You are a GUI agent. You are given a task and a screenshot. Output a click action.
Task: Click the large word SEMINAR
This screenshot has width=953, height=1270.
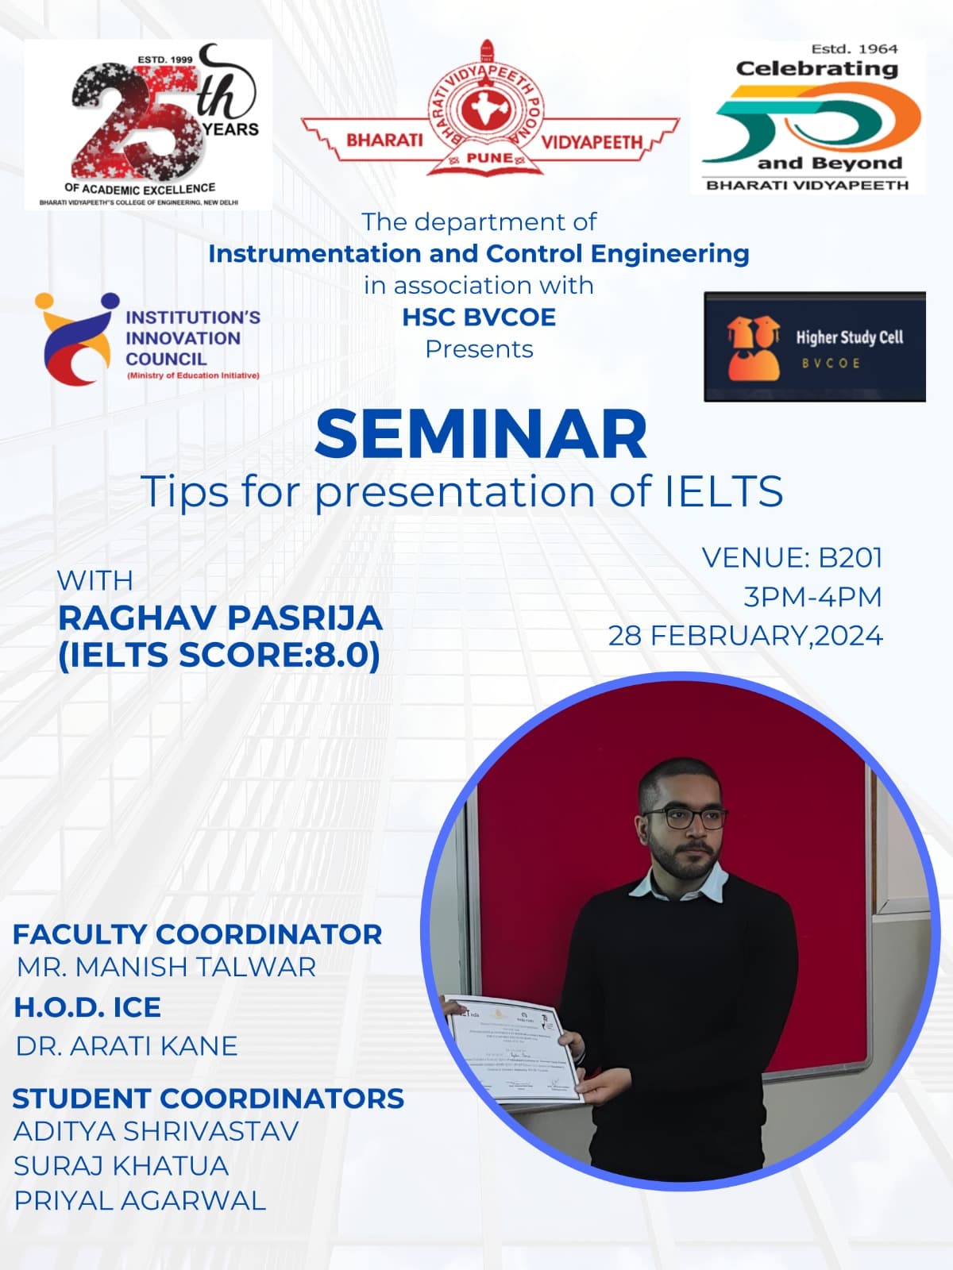click(480, 435)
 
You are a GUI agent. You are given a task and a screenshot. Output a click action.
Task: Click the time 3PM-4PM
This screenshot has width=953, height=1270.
click(812, 597)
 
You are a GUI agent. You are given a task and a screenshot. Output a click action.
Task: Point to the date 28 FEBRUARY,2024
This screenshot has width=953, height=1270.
click(745, 636)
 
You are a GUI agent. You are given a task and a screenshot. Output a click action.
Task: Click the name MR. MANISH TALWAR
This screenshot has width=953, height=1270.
click(166, 967)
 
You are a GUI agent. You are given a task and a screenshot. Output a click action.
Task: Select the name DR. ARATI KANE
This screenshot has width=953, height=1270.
click(126, 1046)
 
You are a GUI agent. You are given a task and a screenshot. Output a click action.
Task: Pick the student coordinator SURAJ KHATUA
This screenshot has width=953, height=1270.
click(121, 1166)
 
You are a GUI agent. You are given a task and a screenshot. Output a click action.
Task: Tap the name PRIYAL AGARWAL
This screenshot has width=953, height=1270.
click(140, 1201)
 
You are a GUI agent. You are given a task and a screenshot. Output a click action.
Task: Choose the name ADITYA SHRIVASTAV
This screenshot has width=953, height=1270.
click(156, 1131)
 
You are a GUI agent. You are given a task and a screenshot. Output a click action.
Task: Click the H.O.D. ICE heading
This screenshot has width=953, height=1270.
click(87, 1007)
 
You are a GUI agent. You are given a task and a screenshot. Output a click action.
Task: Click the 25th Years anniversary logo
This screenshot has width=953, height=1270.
click(148, 125)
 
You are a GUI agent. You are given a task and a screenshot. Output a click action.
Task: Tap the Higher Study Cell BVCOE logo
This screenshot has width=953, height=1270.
click(814, 347)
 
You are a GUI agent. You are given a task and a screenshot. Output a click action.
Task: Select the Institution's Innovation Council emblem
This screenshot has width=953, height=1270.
click(75, 337)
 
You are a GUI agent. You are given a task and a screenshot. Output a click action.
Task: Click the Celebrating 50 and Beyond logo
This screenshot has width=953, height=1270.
click(809, 117)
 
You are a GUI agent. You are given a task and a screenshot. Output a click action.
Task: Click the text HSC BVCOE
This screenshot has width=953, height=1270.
click(478, 317)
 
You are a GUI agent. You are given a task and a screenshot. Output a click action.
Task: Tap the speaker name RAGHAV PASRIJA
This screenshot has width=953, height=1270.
click(220, 618)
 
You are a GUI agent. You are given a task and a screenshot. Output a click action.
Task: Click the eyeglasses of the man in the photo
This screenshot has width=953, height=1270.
click(684, 819)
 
